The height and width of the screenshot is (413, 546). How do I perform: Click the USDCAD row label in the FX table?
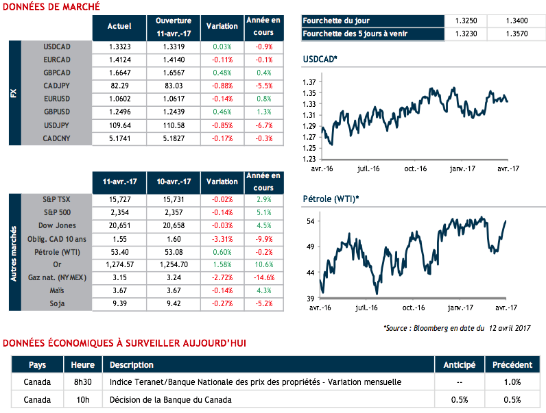(x=56, y=47)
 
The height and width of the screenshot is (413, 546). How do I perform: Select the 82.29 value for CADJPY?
(x=119, y=86)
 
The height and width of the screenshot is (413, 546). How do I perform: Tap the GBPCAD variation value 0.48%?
(x=222, y=73)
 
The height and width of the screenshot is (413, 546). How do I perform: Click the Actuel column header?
(x=119, y=26)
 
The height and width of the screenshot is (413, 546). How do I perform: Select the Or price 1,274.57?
(x=119, y=264)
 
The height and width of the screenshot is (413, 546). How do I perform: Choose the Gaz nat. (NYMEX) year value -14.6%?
(x=263, y=277)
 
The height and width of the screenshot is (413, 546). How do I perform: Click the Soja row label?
(x=56, y=303)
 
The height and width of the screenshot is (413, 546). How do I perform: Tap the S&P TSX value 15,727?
(x=119, y=199)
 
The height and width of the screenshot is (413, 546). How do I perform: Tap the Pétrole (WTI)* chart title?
(x=331, y=199)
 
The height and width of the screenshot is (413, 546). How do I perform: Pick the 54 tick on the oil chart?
(x=310, y=221)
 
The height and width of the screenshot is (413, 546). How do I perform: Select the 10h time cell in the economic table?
(x=82, y=399)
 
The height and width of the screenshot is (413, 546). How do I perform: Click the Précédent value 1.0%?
(x=512, y=381)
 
